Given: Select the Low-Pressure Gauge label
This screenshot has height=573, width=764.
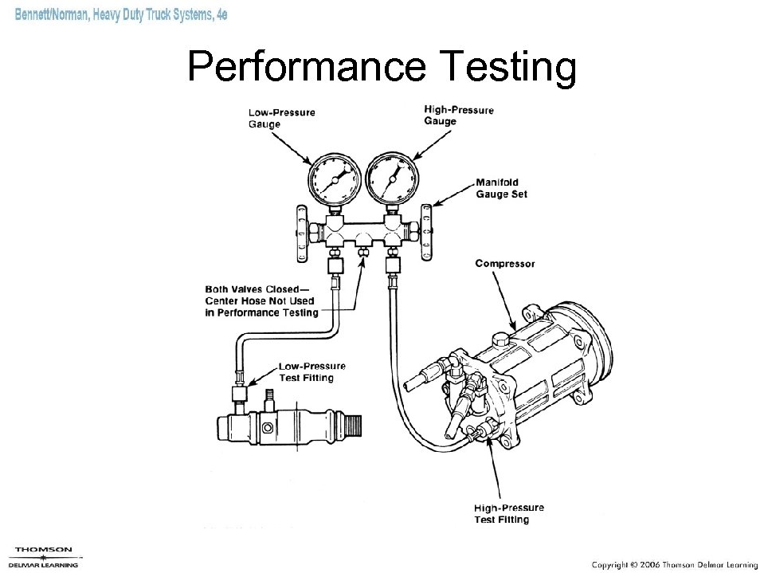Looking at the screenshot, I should [x=281, y=118].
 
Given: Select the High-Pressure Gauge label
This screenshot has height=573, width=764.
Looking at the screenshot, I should [x=458, y=116].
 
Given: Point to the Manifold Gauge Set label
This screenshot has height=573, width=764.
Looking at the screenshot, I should [x=501, y=188].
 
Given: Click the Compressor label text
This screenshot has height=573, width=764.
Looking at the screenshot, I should [x=505, y=263].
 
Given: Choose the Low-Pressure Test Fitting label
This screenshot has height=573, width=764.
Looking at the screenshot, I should [x=306, y=371].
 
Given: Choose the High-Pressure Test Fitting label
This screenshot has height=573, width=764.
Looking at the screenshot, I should [x=508, y=513].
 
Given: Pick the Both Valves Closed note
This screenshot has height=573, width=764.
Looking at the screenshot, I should [x=261, y=300].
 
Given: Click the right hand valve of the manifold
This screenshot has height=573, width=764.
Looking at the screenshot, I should [x=427, y=230].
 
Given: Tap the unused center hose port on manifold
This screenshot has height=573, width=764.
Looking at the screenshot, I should [x=362, y=251].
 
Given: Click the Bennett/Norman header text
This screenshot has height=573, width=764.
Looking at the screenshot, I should [x=121, y=18].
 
